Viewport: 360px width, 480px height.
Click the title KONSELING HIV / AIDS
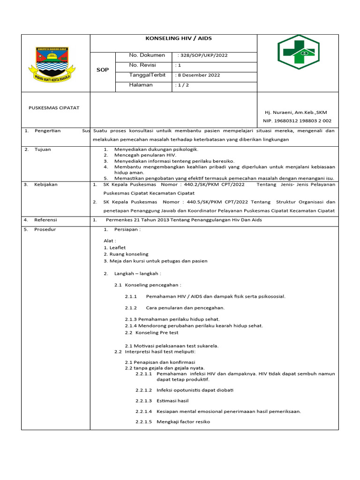173,38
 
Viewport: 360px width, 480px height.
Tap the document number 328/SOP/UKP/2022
203,55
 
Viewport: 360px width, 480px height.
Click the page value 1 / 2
183,85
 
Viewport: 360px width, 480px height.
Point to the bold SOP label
103,70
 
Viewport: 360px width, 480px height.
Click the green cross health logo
298,52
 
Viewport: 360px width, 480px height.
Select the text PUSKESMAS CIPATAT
54,108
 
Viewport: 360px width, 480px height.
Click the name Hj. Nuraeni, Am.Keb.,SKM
296,112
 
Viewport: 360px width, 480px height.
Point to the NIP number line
297,120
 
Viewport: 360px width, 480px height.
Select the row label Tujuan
43,150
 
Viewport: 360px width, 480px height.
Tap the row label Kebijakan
46,185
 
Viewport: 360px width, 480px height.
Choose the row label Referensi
45,220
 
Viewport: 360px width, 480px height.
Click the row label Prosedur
45,229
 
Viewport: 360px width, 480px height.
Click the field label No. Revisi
142,65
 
